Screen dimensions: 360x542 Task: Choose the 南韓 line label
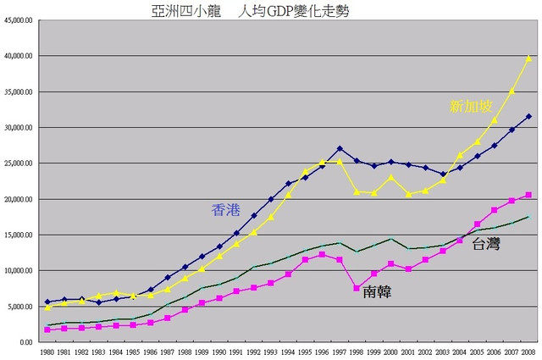pyautogui.click(x=377, y=292)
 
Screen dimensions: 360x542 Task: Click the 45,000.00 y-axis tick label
pyautogui.click(x=19, y=20)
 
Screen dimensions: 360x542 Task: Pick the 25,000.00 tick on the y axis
pyautogui.click(x=19, y=163)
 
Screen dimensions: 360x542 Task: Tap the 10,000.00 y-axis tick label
pyautogui.click(x=19, y=271)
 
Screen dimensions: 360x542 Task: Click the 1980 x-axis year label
pyautogui.click(x=47, y=351)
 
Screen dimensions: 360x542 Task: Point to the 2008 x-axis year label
pyautogui.click(x=528, y=351)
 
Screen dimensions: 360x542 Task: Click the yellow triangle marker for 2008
pyautogui.click(x=528, y=58)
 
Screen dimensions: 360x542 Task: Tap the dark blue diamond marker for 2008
pyautogui.click(x=528, y=117)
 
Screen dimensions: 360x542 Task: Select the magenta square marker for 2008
pyautogui.click(x=528, y=195)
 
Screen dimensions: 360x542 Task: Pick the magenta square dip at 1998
pyautogui.click(x=357, y=289)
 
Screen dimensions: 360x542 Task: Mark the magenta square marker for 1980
pyautogui.click(x=47, y=330)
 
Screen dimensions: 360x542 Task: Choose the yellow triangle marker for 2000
pyautogui.click(x=391, y=177)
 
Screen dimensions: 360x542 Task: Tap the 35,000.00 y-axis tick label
pyautogui.click(x=19, y=91)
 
